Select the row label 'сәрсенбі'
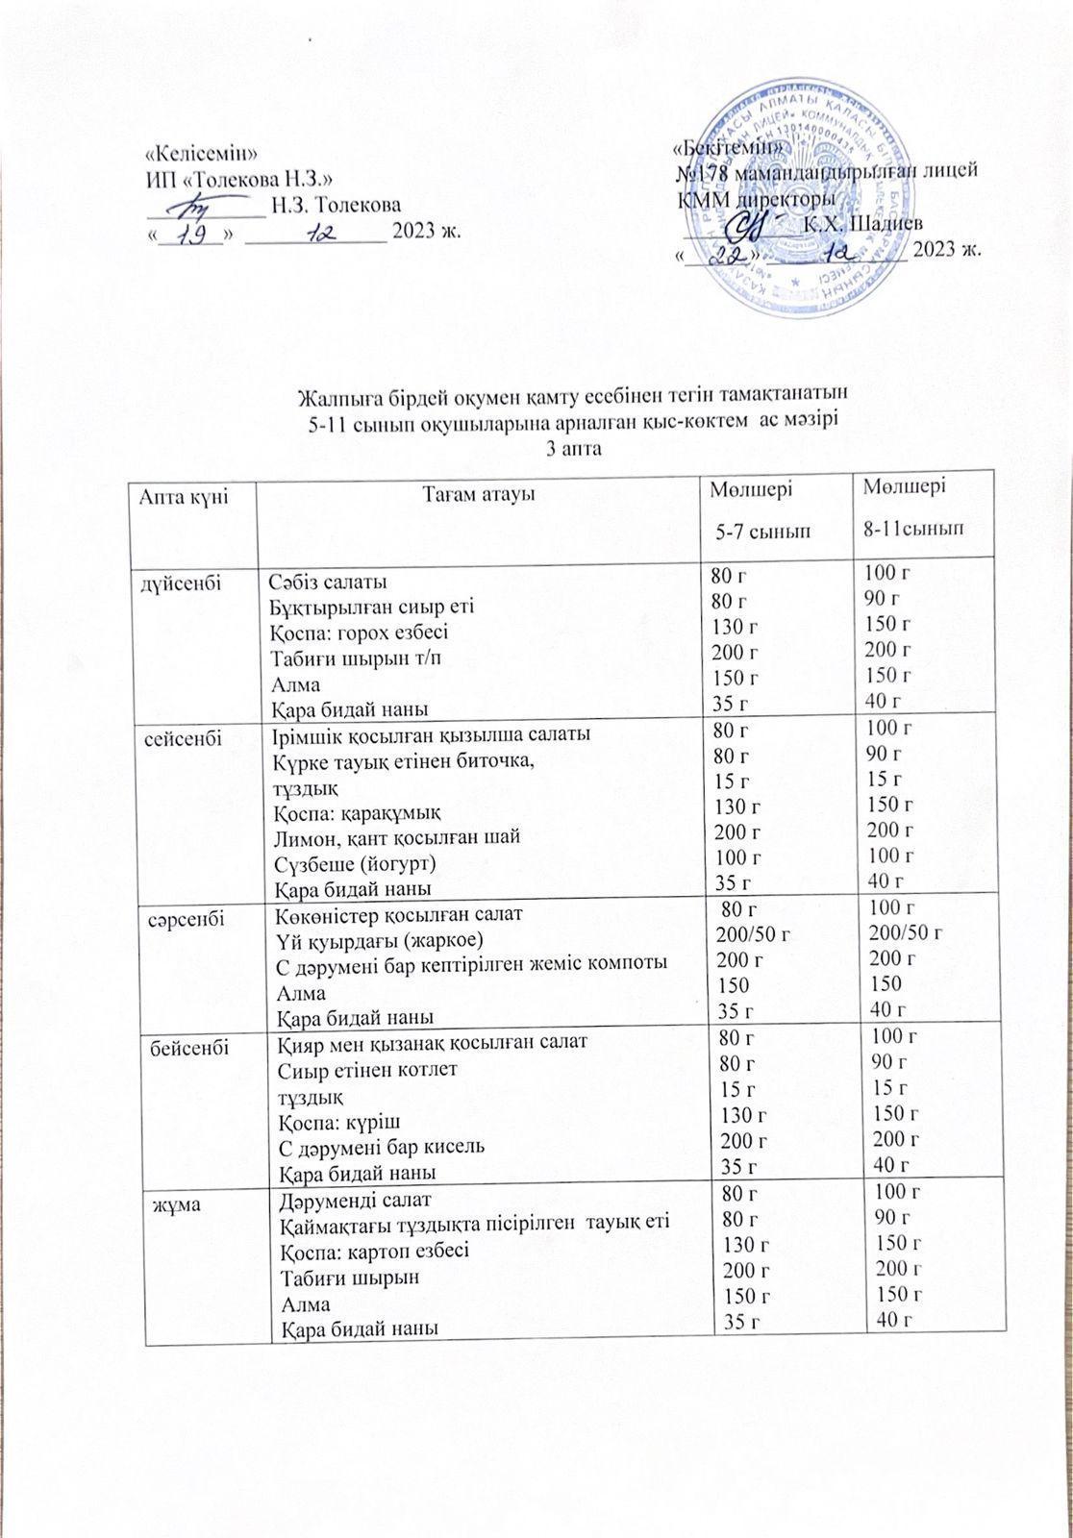click(187, 918)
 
